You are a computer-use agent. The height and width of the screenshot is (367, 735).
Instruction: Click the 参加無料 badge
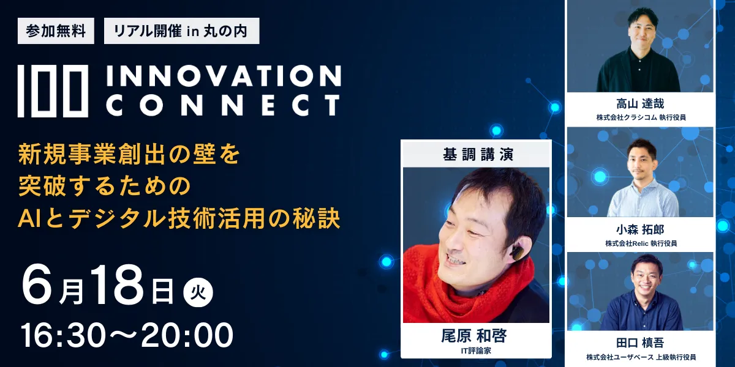click(x=56, y=31)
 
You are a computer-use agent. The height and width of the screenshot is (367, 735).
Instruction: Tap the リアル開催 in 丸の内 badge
click(x=181, y=31)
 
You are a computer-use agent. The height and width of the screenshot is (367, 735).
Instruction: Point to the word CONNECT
click(x=223, y=105)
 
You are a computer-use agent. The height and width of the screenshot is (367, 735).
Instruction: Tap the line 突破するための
click(x=105, y=186)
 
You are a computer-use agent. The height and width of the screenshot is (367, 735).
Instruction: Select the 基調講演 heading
click(x=476, y=155)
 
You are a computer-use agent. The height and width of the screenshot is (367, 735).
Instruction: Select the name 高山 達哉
click(x=640, y=104)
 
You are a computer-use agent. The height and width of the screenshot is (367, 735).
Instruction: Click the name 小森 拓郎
click(x=640, y=230)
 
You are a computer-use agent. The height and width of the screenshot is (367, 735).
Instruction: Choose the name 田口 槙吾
click(x=640, y=343)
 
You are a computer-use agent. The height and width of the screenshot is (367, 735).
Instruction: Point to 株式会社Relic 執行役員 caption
click(x=640, y=243)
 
